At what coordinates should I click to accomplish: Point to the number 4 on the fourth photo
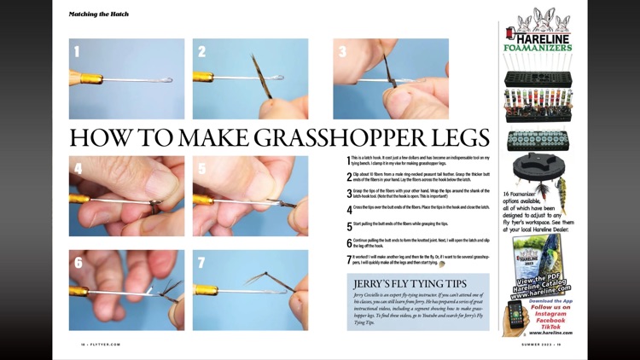click(x=78, y=169)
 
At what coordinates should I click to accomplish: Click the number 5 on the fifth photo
click(x=202, y=169)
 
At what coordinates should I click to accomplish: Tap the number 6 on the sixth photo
click(x=78, y=263)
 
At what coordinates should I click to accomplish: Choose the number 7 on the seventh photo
click(x=202, y=263)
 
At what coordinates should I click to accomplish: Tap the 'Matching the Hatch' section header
click(x=99, y=14)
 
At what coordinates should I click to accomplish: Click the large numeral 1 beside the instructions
click(x=348, y=160)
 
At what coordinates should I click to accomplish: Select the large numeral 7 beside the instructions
click(x=348, y=259)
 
